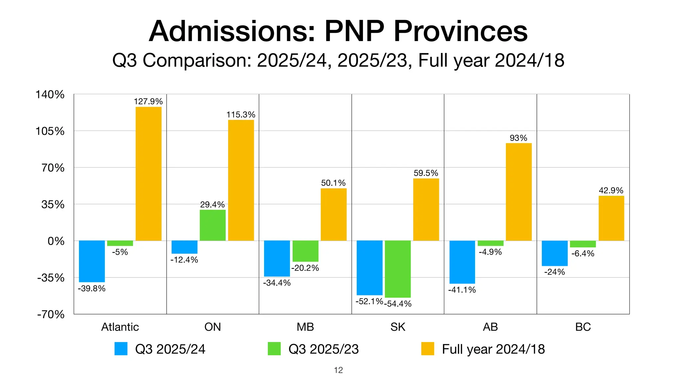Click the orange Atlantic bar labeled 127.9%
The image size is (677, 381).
[148, 174]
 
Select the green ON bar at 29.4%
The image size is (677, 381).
[213, 225]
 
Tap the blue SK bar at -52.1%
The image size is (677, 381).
[369, 268]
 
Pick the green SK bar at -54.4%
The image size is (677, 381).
[398, 269]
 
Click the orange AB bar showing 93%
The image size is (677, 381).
[519, 192]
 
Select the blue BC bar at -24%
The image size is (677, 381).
[554, 253]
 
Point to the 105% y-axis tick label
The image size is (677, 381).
[50, 131]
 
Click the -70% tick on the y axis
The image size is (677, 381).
[51, 314]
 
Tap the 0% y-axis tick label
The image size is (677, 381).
[56, 241]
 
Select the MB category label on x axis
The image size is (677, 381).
[305, 327]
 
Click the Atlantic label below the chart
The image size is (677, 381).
[120, 327]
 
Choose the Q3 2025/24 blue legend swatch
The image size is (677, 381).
[121, 349]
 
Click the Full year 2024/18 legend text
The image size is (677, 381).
[493, 349]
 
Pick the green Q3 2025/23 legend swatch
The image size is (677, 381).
[274, 349]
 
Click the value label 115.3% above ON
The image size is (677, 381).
[241, 114]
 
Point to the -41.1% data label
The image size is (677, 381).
[462, 290]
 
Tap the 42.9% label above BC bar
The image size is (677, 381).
[611, 190]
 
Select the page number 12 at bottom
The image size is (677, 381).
[338, 370]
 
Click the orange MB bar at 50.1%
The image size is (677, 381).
[334, 214]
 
